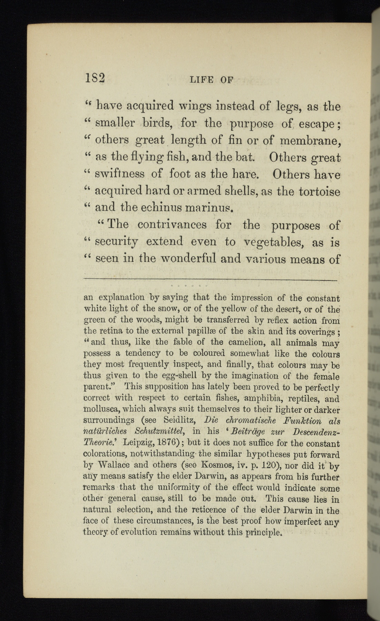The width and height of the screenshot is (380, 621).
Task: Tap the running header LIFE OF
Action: tap(211, 80)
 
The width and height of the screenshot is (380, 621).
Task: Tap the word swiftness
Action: tap(120, 174)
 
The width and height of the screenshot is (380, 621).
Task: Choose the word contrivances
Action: tap(172, 225)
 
